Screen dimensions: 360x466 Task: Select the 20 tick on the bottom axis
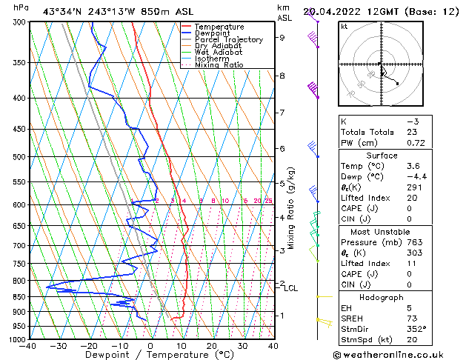212,346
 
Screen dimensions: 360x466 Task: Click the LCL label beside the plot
291,288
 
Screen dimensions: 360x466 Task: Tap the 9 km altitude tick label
282,37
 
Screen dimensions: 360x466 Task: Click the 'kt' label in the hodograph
344,26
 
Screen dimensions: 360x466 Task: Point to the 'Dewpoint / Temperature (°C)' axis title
150,355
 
